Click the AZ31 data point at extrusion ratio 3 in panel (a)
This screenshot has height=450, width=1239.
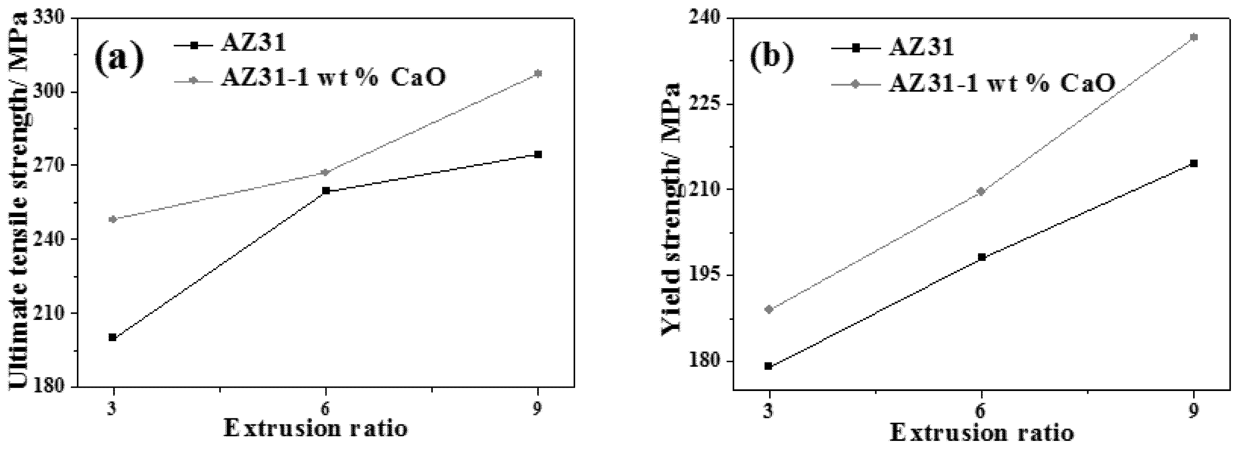click(x=113, y=337)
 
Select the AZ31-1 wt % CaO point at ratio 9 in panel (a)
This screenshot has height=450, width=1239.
click(x=538, y=73)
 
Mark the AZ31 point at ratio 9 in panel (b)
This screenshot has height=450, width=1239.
click(x=1193, y=163)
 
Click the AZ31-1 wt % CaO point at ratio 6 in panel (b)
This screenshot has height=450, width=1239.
click(x=982, y=192)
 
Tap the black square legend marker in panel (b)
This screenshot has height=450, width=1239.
click(x=855, y=48)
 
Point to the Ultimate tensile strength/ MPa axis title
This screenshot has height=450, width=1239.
click(x=19, y=202)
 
